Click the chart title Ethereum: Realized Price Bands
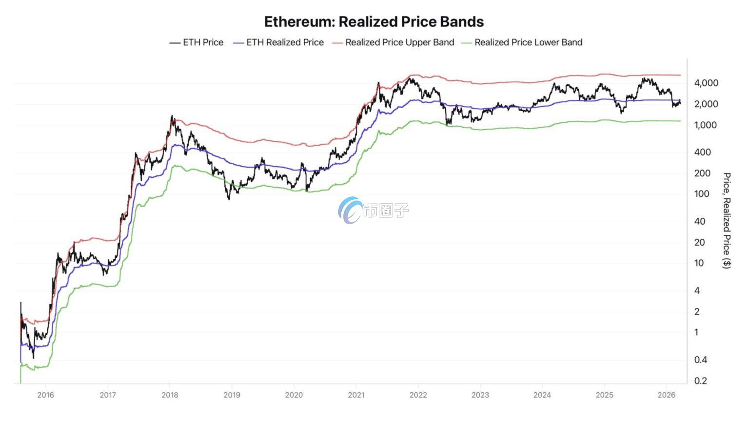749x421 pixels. click(x=374, y=22)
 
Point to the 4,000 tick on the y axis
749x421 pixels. click(x=706, y=83)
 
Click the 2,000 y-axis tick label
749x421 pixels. click(x=706, y=104)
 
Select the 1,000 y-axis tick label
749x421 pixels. click(x=706, y=125)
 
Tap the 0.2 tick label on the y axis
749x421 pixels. click(x=700, y=381)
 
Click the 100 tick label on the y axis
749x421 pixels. click(x=702, y=194)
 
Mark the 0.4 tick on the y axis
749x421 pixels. click(x=700, y=360)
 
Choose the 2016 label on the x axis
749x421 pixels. click(x=45, y=395)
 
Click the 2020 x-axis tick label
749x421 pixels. click(x=294, y=395)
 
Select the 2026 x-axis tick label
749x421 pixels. click(x=667, y=395)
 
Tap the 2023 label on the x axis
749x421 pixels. click(x=480, y=395)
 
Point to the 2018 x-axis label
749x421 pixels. click(x=170, y=395)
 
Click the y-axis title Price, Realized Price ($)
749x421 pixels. click(x=727, y=220)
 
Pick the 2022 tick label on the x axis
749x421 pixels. click(x=418, y=395)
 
